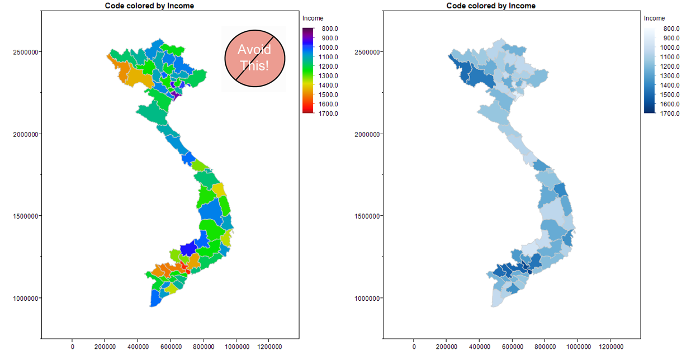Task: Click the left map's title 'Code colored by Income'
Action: click(x=149, y=6)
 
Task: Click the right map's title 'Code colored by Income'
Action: click(x=491, y=6)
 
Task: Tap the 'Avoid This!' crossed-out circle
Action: click(x=255, y=58)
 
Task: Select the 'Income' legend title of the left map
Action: click(x=313, y=18)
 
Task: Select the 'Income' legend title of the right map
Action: click(x=654, y=18)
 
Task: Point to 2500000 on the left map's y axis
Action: click(x=25, y=53)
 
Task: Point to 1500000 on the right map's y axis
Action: click(x=367, y=216)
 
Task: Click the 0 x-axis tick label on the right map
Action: click(x=414, y=347)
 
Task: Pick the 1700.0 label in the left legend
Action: click(x=328, y=113)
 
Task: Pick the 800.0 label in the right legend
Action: click(x=670, y=29)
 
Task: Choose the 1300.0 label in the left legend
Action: click(x=328, y=76)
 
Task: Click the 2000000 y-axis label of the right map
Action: click(x=367, y=134)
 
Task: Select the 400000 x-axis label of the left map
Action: click(x=138, y=347)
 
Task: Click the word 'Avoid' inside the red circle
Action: click(x=254, y=49)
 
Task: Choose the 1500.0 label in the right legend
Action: click(x=670, y=95)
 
